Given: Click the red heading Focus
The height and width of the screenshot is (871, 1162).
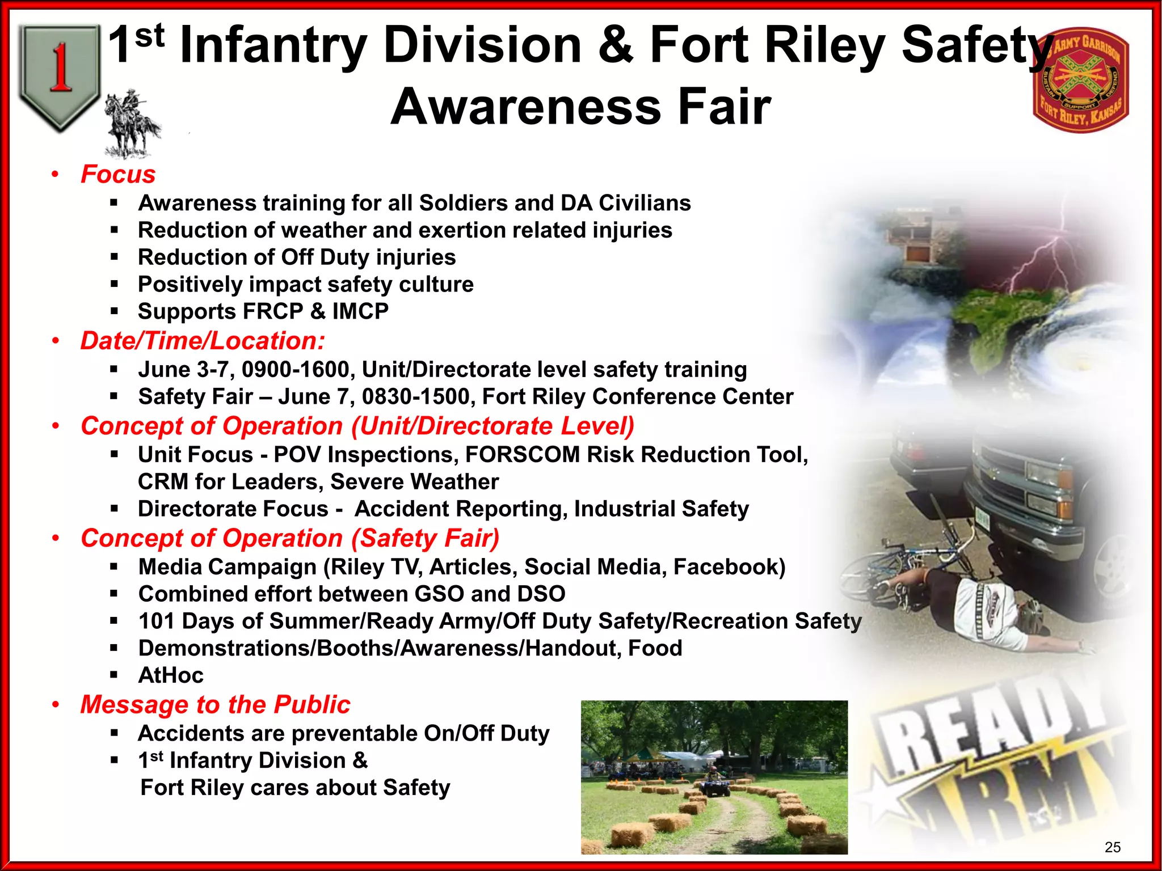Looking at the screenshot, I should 118,174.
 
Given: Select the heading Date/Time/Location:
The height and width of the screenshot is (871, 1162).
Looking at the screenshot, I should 203,341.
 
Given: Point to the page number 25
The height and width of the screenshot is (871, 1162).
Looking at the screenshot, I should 1113,847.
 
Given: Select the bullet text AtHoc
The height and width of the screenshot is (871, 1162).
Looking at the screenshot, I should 170,675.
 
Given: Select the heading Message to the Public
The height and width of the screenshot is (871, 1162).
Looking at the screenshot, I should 215,705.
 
